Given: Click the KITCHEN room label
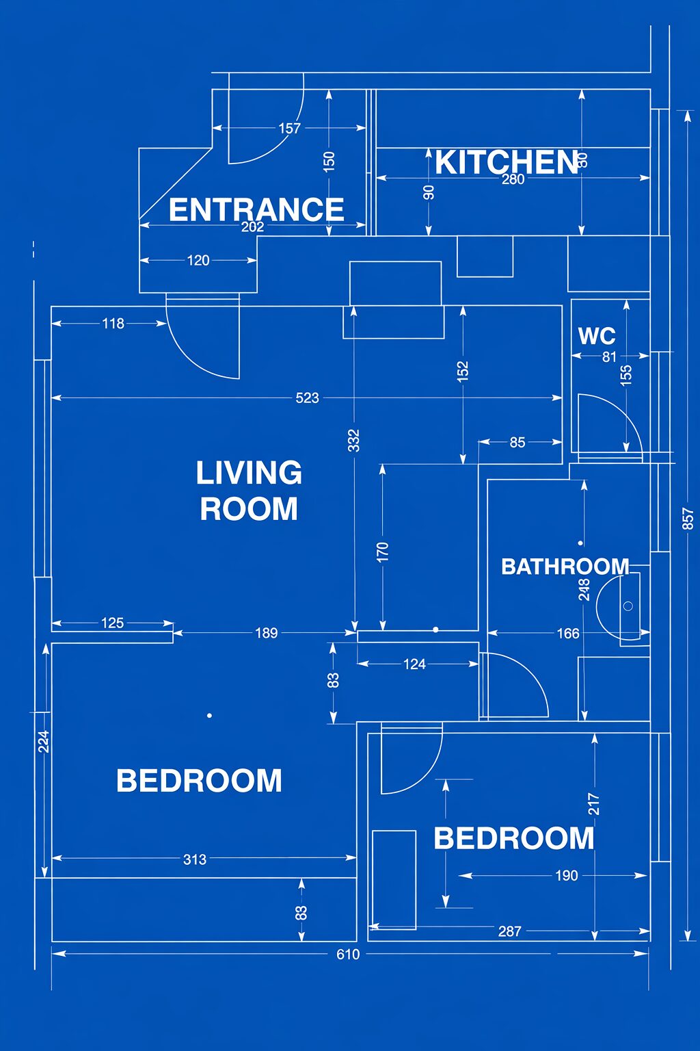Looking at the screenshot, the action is tap(506, 162).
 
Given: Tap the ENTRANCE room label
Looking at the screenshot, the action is tap(256, 209).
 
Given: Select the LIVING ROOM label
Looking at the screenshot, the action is tap(249, 491).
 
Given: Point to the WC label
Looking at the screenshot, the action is tap(597, 336).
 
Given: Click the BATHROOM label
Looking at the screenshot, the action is tap(565, 567).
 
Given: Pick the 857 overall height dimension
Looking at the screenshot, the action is tap(688, 519).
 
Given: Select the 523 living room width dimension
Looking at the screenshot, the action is tap(307, 398).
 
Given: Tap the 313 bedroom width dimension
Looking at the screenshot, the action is tap(195, 859).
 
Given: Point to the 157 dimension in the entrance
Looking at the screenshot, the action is tap(289, 128).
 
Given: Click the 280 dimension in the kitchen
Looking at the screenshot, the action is tap(513, 179).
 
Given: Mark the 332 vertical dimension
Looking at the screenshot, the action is tap(354, 441).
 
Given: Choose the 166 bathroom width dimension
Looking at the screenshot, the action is tap(568, 634).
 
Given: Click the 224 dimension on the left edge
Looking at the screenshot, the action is tap(44, 741).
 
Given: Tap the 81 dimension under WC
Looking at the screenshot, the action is tap(609, 357).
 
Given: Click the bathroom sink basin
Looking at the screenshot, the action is tap(618, 606).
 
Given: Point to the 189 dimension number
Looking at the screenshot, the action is tap(267, 634).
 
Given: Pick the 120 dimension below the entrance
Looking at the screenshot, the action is tap(198, 261).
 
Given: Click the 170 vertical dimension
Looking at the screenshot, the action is tap(383, 552).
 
